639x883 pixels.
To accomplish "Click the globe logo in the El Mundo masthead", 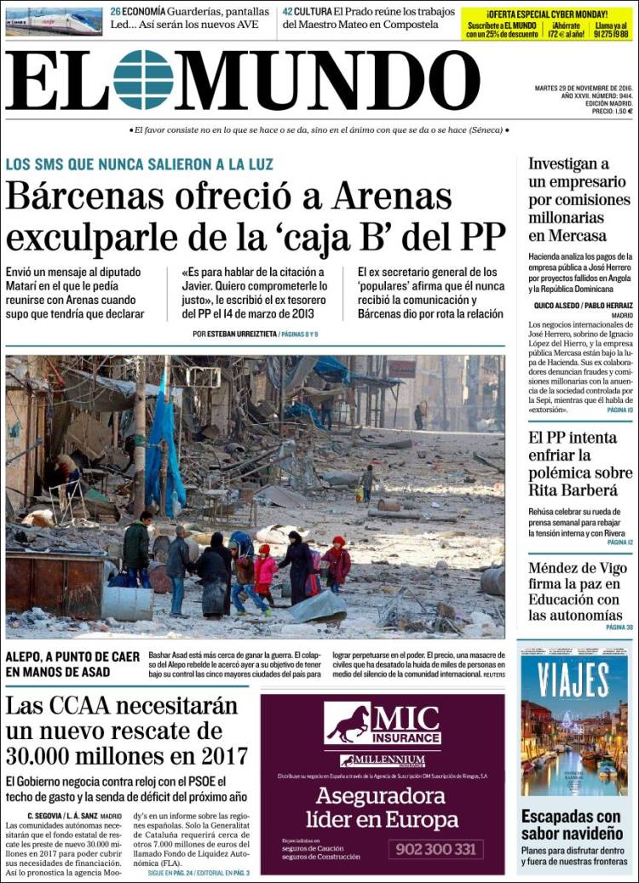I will (x=143, y=80).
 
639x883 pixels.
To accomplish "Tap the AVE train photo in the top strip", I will (x=53, y=21).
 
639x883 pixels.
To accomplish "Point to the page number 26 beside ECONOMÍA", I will (x=115, y=12).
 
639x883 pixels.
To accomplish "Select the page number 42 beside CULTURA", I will (x=289, y=12).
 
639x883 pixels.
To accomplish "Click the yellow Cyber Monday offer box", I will (x=548, y=23).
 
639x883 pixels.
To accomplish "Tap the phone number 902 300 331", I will (x=436, y=849).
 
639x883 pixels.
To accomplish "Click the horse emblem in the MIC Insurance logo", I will (x=348, y=723).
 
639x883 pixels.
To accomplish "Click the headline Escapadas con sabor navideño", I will (x=572, y=824).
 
